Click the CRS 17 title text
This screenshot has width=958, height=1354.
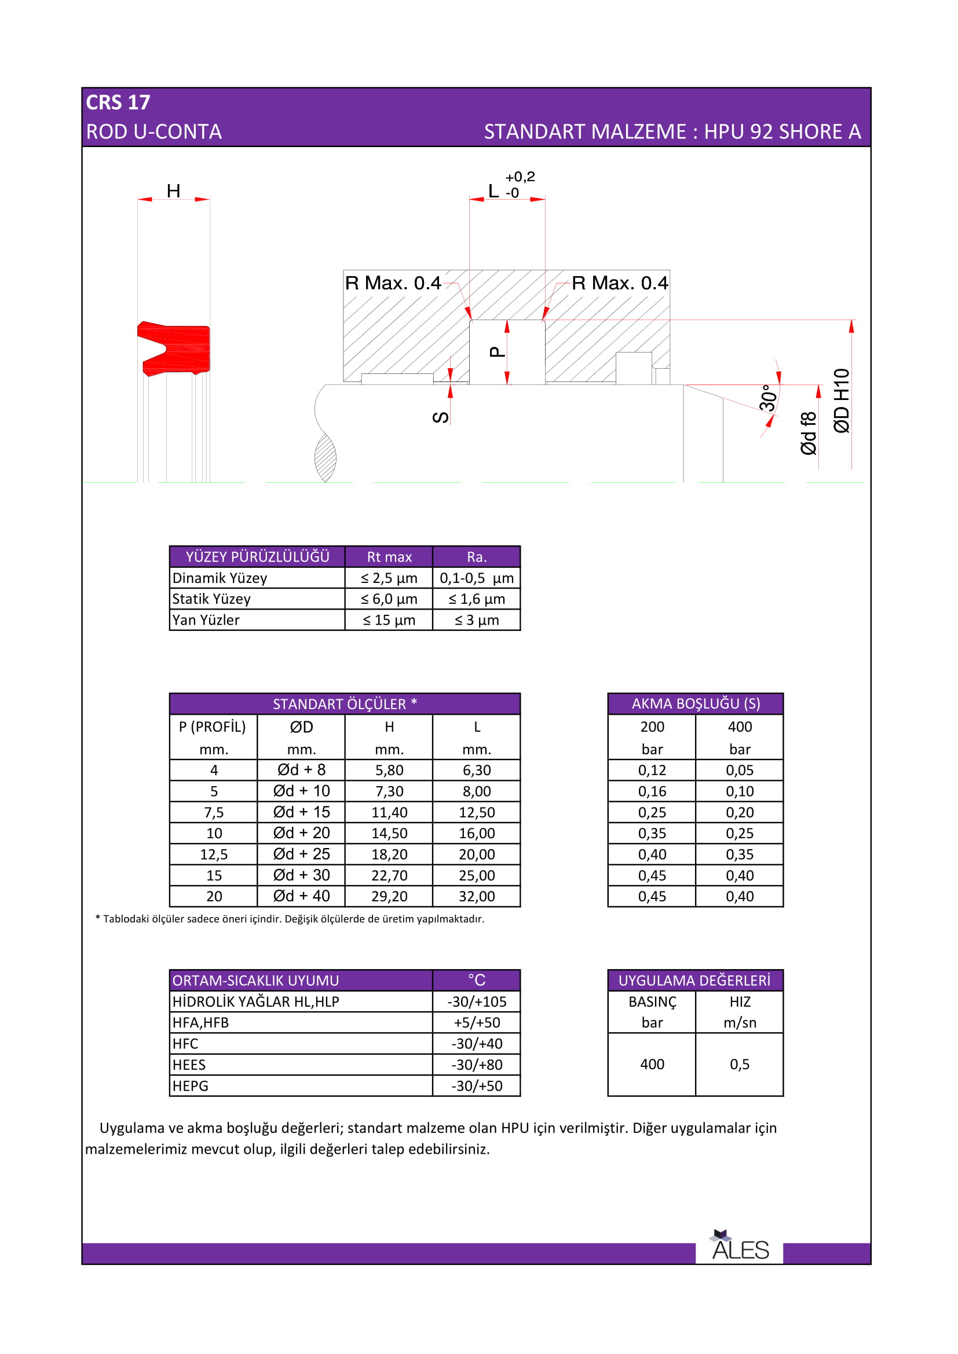point(118,102)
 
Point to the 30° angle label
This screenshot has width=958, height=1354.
point(768,398)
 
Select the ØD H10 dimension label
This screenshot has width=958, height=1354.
point(842,401)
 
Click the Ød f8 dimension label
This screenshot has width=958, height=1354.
point(809,434)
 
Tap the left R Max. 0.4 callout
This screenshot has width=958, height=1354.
point(393,283)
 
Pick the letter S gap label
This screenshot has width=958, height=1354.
point(441,417)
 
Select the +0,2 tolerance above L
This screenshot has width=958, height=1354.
point(520,177)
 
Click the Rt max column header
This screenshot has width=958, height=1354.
point(389,557)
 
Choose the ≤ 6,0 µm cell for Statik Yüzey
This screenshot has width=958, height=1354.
point(389,599)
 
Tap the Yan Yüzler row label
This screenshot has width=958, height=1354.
point(206,621)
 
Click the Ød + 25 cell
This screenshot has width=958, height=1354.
point(301,854)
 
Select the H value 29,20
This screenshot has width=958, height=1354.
point(389,896)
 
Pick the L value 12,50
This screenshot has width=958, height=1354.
point(477,812)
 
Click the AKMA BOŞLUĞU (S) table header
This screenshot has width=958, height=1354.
point(696,703)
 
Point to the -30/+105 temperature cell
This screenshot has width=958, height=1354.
point(477,1001)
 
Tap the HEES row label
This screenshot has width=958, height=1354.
point(189,1065)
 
